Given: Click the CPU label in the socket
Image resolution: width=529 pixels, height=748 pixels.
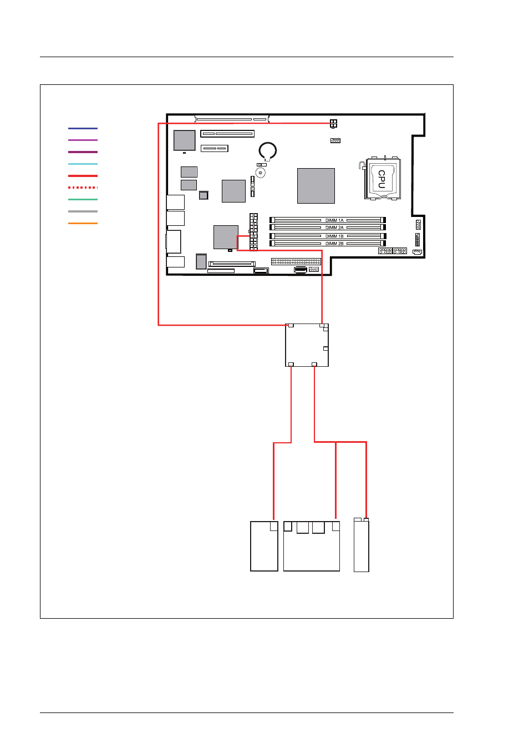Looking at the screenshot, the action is tap(382, 179).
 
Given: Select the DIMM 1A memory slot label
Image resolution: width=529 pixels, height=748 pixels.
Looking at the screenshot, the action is tap(334, 220).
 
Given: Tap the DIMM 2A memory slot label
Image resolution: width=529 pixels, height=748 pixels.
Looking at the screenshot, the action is tap(334, 228).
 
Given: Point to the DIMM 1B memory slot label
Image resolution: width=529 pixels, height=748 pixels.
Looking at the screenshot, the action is tap(334, 236).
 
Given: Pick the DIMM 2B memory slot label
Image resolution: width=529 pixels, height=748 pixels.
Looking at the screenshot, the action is tap(334, 244).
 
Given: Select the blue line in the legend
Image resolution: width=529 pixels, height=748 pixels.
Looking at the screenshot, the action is tap(83, 128).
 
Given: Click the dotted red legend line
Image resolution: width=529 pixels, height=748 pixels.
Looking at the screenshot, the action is tap(83, 188).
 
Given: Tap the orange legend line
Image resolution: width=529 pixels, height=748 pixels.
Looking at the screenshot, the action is tap(83, 223).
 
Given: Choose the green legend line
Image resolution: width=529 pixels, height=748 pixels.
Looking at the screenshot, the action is tap(83, 199).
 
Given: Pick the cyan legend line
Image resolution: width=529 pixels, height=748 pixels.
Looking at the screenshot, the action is tap(83, 164).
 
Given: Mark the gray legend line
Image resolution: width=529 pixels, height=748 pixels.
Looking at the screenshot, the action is tap(83, 211).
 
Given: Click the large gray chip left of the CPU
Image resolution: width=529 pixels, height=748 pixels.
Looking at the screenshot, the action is tap(316, 186).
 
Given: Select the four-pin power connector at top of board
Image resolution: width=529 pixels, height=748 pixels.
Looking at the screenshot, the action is tap(333, 124).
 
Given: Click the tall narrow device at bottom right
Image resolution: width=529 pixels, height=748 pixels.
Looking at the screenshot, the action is tap(361, 545).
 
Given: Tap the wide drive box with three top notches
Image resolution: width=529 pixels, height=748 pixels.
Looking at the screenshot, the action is tap(312, 547).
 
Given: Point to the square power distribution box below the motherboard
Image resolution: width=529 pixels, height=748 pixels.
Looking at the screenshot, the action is tap(307, 345).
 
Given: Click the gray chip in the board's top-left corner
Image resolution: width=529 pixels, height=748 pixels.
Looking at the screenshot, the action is tap(184, 140).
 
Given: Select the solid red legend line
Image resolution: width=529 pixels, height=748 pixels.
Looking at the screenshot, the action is tap(83, 176).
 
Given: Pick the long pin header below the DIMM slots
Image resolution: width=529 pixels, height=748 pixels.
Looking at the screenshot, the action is tap(296, 261).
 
